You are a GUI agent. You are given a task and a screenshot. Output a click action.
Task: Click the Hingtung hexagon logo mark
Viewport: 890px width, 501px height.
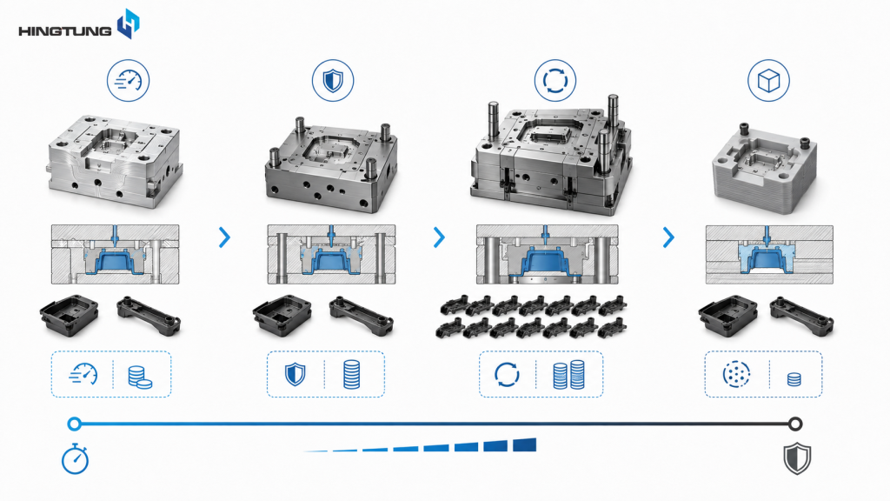pyautogui.click(x=129, y=23)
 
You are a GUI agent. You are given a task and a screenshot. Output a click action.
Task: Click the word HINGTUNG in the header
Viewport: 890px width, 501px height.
pyautogui.click(x=64, y=30)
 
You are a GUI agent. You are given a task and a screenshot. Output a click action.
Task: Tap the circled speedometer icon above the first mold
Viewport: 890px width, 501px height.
pyautogui.click(x=129, y=81)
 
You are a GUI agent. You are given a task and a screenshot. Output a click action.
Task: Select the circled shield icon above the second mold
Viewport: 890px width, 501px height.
pyautogui.click(x=333, y=81)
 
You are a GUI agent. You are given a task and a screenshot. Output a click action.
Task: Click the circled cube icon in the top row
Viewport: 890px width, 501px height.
pyautogui.click(x=768, y=81)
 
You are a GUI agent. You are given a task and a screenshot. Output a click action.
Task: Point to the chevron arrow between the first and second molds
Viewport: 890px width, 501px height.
pyautogui.click(x=225, y=237)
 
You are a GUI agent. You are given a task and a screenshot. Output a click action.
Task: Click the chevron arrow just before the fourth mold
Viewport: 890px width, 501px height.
pyautogui.click(x=668, y=237)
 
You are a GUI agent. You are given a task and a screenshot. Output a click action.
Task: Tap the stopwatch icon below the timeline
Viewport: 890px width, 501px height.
pyautogui.click(x=75, y=459)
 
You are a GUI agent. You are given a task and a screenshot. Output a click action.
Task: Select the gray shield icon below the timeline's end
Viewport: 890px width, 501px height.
pyautogui.click(x=797, y=458)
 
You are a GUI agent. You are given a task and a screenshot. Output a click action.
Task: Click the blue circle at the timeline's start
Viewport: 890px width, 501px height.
pyautogui.click(x=74, y=424)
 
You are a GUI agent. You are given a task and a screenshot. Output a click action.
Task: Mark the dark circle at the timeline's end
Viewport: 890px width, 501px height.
pyautogui.click(x=795, y=424)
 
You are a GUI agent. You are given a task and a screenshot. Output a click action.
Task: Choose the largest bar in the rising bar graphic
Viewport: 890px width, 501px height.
pyautogui.click(x=524, y=444)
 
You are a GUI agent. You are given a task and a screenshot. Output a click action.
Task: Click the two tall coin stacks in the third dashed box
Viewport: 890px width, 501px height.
pyautogui.click(x=568, y=374)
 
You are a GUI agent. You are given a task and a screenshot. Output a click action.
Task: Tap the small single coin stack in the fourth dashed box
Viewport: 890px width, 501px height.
pyautogui.click(x=794, y=379)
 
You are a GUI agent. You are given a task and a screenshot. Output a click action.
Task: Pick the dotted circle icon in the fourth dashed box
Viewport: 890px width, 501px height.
pyautogui.click(x=736, y=374)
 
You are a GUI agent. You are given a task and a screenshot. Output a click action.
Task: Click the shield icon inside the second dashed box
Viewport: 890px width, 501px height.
pyautogui.click(x=296, y=374)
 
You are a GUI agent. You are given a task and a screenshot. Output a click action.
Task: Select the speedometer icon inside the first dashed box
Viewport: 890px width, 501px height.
pyautogui.click(x=83, y=374)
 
